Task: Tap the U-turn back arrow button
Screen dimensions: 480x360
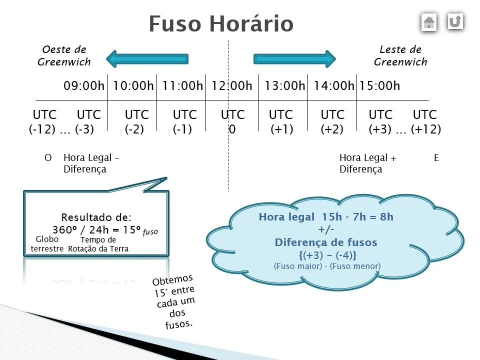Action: point(455,21)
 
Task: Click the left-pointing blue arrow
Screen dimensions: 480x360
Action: point(147,59)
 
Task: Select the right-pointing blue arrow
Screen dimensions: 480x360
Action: point(294,59)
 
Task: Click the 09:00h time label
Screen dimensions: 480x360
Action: point(83,86)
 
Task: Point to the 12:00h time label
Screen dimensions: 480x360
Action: point(231,86)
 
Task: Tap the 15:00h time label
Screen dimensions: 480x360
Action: point(379,86)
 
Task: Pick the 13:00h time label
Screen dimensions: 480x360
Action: point(284,86)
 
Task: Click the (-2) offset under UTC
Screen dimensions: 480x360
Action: point(134,129)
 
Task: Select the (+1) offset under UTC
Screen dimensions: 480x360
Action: point(282,129)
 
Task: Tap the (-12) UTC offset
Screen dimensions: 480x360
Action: point(42,129)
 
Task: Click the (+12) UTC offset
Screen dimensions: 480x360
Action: point(426,129)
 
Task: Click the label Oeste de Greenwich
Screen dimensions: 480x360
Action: point(64,55)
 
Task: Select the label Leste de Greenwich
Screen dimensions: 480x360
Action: point(400,55)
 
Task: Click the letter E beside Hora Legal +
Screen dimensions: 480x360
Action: point(436,158)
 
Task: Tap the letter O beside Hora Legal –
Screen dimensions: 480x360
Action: point(48,158)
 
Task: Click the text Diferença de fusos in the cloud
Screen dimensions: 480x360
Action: point(326,243)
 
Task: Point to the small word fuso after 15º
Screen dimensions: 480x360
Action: point(150,232)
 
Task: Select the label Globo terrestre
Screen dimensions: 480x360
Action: point(47,244)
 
